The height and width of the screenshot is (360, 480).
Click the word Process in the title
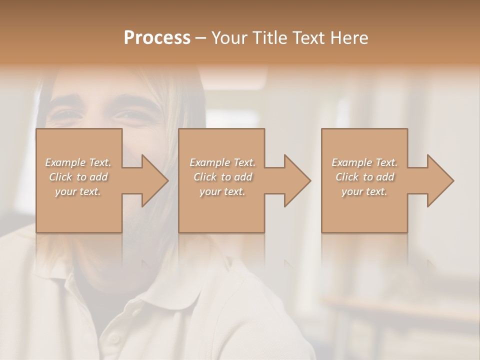coord(157,38)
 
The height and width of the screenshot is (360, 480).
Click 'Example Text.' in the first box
coord(78,162)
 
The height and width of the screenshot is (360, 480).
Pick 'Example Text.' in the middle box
coord(222,162)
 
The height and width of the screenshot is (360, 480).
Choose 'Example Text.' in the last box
coord(364,162)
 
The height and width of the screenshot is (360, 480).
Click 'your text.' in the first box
coord(78,191)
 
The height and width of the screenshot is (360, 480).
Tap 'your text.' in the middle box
coord(222,191)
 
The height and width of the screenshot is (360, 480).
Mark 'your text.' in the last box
coord(364,191)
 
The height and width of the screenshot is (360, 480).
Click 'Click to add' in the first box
coord(78,177)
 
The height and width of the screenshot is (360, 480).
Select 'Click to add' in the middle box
coord(222,177)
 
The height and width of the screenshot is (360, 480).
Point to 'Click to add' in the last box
coord(364,177)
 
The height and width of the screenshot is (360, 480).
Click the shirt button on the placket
coord(114,338)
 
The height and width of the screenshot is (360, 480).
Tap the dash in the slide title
coord(201,38)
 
